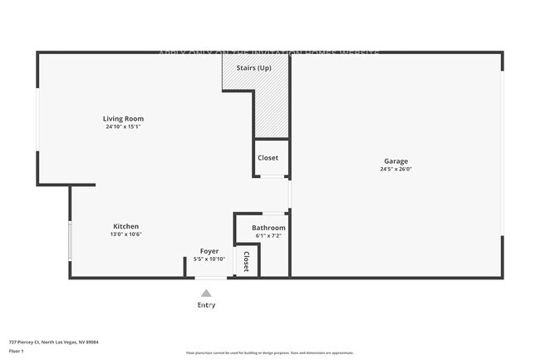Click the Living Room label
tap(123, 119)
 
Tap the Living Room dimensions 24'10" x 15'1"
tap(123, 127)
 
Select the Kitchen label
tap(126, 226)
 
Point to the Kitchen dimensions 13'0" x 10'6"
tap(126, 234)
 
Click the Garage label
tap(395, 161)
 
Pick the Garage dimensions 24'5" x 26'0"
tap(395, 170)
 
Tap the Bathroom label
tap(269, 228)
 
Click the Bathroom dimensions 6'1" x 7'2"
tap(269, 236)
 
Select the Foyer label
tap(209, 251)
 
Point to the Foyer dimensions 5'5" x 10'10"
tap(209, 259)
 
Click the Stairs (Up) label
tap(253, 67)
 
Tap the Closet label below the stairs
tap(268, 158)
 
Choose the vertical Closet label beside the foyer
tap(247, 261)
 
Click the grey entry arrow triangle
tap(206, 293)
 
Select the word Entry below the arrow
tap(206, 305)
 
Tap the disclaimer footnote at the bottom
tap(270, 353)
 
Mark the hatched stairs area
tap(272, 108)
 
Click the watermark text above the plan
tap(269, 52)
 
